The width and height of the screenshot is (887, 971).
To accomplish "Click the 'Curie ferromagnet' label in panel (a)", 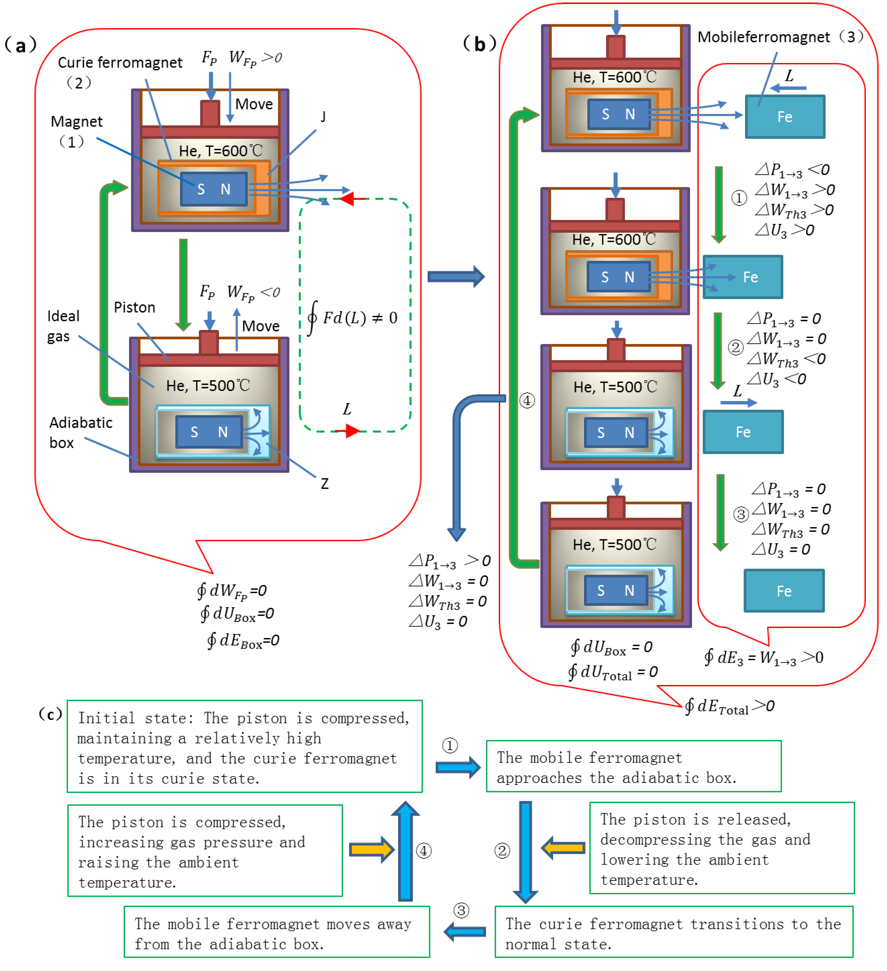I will click(x=120, y=63).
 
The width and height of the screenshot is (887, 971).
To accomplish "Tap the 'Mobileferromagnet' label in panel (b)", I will click(x=764, y=37).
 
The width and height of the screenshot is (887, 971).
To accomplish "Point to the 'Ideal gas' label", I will click(x=63, y=326).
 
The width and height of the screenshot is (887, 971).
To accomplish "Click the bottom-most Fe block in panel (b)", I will click(x=784, y=591).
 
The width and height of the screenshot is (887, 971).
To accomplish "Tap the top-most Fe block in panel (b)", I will click(x=785, y=116).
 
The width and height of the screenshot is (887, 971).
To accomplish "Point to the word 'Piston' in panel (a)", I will click(x=134, y=307).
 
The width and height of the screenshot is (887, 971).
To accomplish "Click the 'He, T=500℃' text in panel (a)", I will click(x=208, y=385).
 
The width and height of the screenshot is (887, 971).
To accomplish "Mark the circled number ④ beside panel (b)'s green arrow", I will click(x=527, y=400).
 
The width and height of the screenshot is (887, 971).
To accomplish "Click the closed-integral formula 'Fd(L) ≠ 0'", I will click(x=353, y=317).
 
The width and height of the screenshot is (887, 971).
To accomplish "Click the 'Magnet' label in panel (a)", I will click(x=77, y=121).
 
